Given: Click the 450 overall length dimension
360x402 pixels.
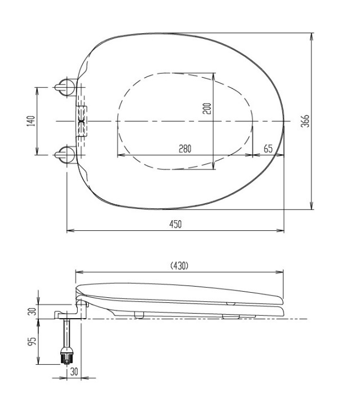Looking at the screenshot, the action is (x=175, y=224).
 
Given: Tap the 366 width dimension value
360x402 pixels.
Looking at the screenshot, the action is (x=305, y=121).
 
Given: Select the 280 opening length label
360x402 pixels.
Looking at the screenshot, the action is (x=185, y=149).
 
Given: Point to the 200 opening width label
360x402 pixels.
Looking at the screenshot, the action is (x=207, y=109).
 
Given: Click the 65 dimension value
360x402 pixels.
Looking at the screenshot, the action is (x=268, y=149).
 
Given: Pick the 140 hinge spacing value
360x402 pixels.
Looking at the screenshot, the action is (x=31, y=121).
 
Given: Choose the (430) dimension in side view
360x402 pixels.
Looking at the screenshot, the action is (x=179, y=266).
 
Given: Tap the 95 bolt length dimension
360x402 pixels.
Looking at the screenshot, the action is (x=32, y=341).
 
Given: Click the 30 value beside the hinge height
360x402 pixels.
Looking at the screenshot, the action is (x=32, y=311).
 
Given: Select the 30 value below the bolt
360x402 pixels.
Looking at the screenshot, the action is (x=74, y=372).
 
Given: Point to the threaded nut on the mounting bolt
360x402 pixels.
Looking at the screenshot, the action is (x=66, y=356).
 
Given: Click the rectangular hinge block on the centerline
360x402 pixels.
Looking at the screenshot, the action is (x=82, y=120).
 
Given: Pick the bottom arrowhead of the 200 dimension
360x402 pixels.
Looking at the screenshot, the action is (x=213, y=166).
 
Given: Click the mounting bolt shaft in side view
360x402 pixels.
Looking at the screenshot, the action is (x=66, y=333).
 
